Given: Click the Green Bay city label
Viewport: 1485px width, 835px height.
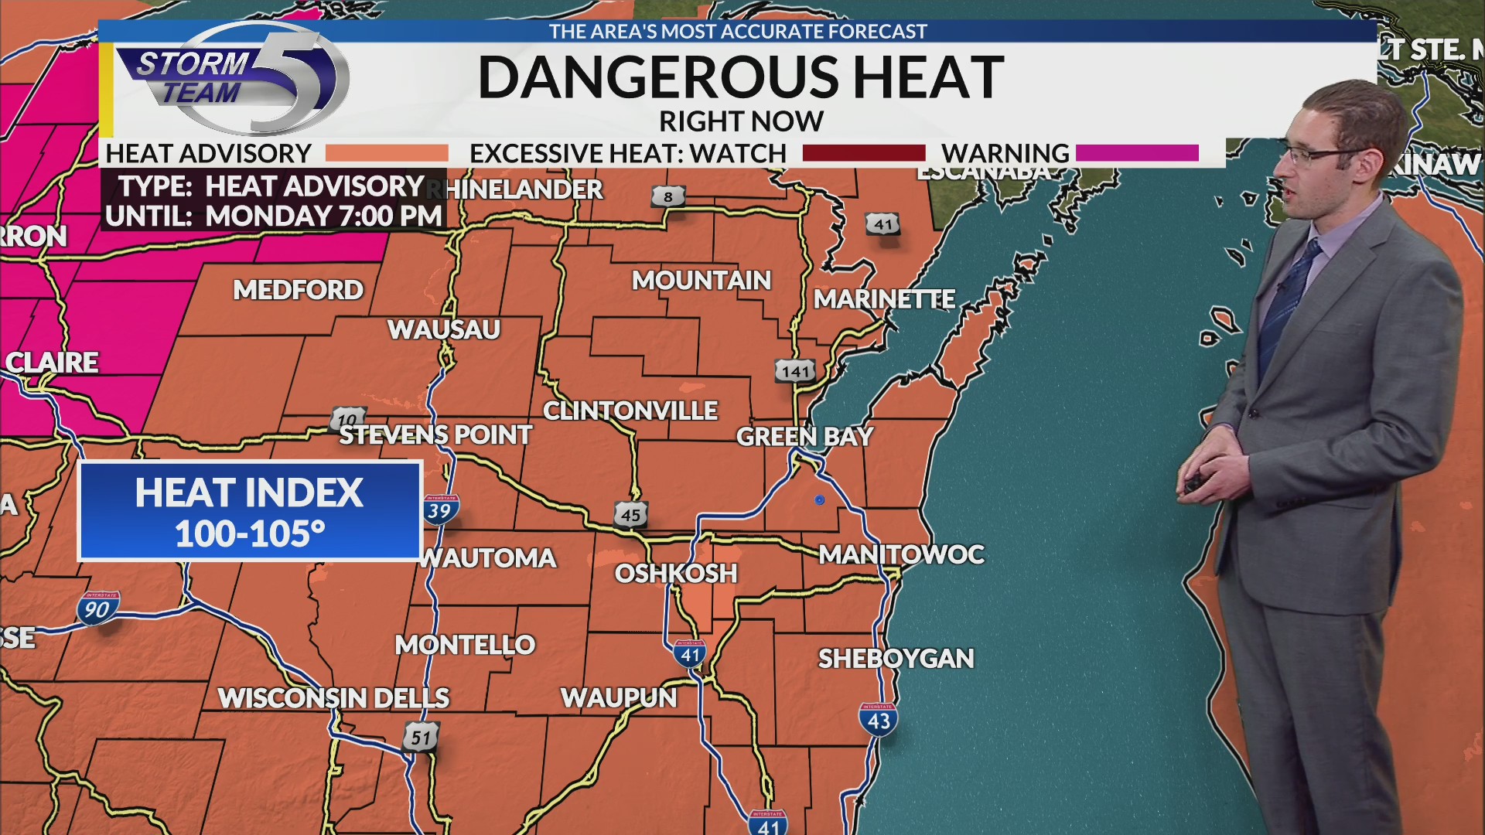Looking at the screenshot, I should (804, 437).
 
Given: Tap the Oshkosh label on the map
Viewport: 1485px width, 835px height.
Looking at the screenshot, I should (676, 574).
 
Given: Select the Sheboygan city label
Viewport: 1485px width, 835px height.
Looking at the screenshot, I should (896, 659).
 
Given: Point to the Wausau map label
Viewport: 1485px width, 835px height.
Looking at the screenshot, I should (444, 330).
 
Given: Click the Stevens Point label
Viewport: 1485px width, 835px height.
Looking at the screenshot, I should (435, 435).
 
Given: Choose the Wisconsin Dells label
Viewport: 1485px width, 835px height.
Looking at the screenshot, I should (333, 698).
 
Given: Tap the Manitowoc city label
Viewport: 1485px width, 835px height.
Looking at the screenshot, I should (901, 554).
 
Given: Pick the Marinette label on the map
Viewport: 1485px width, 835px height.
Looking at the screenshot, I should (884, 299).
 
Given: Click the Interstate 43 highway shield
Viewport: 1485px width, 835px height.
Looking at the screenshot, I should (879, 720).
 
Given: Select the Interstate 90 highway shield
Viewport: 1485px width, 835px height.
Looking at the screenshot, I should (97, 608).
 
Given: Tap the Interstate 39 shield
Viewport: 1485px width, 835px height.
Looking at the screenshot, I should (439, 510).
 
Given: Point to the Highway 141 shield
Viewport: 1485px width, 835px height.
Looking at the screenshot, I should (795, 371).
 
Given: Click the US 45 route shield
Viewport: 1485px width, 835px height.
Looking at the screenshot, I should (630, 515).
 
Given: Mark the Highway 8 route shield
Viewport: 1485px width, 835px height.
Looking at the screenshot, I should (668, 196).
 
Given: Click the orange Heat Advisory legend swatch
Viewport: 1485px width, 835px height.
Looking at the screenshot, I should (386, 153).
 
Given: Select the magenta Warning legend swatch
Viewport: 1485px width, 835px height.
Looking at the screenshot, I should (1136, 153).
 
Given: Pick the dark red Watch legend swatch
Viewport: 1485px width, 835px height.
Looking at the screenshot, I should (863, 153).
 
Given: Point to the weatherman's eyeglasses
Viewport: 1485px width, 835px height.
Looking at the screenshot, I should (1315, 155).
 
